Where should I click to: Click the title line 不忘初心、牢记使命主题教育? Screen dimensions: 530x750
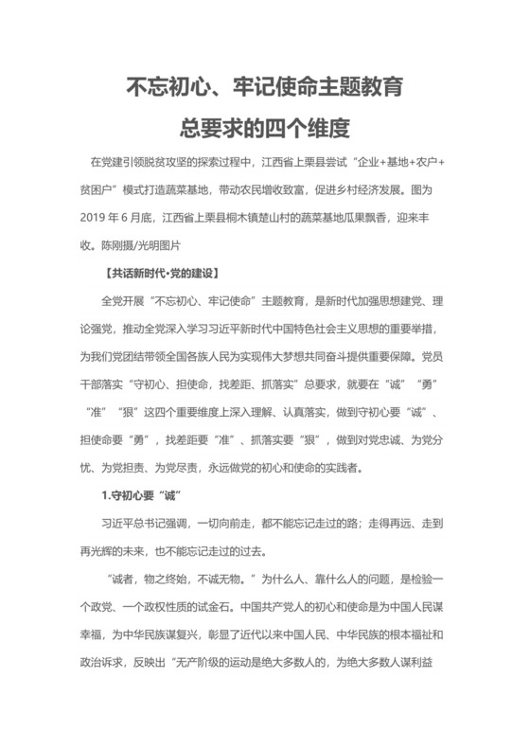[x=265, y=88]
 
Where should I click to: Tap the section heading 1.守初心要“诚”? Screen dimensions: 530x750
[x=142, y=496]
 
